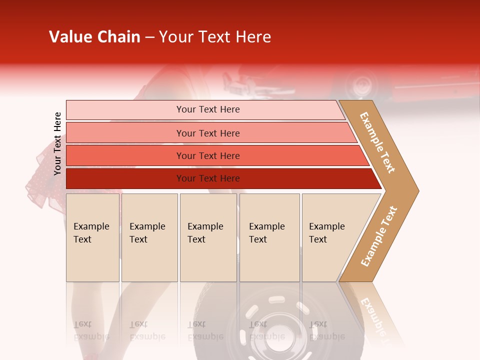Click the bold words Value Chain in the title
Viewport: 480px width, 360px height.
pos(94,37)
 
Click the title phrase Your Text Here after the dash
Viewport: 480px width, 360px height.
pos(215,37)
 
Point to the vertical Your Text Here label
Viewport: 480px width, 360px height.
pos(57,144)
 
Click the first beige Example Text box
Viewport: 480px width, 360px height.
pos(92,237)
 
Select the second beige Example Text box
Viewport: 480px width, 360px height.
pos(149,237)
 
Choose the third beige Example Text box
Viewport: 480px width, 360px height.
pos(207,237)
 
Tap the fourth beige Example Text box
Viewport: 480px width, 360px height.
pos(269,237)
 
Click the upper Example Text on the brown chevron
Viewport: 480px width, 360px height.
pos(377,142)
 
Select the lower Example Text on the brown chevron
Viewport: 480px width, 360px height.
pos(379,236)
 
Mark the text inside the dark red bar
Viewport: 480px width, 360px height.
pos(208,178)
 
